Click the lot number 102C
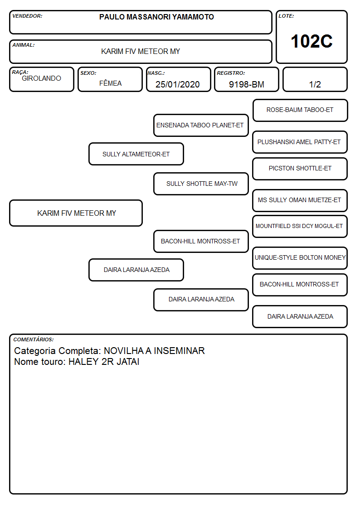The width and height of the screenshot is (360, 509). point(311,41)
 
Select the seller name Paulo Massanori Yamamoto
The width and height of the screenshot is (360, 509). point(156,17)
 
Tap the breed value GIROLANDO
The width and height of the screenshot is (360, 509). point(41,78)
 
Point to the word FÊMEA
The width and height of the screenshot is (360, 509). point(110,83)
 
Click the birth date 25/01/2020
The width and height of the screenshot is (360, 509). point(178,84)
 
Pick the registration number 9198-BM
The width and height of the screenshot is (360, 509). point(246,84)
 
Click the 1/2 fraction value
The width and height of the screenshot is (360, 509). point(315,84)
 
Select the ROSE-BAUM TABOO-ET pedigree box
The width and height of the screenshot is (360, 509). point(300,111)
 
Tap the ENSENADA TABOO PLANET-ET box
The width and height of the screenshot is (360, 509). point(201,125)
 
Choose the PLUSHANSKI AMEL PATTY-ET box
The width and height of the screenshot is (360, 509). point(300,142)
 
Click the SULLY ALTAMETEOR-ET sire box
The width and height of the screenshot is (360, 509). point(136,154)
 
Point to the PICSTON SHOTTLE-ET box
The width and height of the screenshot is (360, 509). point(300,169)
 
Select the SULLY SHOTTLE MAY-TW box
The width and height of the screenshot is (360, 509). point(201,184)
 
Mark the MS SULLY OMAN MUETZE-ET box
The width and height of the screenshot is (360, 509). point(300,200)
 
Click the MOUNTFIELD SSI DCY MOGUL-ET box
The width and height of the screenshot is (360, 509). point(300,226)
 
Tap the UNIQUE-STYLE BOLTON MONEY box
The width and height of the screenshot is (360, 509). point(300,258)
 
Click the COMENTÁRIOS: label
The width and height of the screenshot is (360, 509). point(34,339)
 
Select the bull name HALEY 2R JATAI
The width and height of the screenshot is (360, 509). point(104,362)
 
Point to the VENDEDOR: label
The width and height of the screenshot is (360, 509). point(27,16)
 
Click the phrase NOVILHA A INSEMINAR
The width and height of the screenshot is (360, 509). point(154,350)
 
